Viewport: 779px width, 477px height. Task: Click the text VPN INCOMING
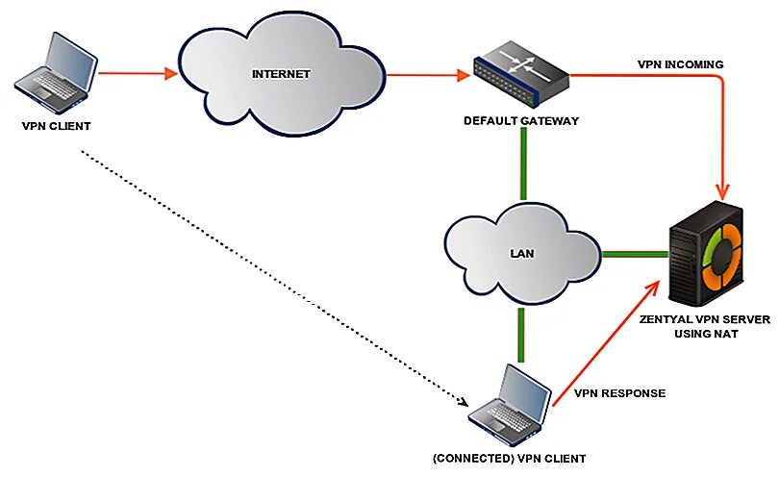pyautogui.click(x=680, y=64)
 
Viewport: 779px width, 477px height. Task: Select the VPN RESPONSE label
pyautogui.click(x=619, y=392)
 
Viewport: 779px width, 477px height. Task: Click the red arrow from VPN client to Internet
pyautogui.click(x=137, y=72)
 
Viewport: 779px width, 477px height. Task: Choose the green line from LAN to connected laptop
pyautogui.click(x=521, y=333)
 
